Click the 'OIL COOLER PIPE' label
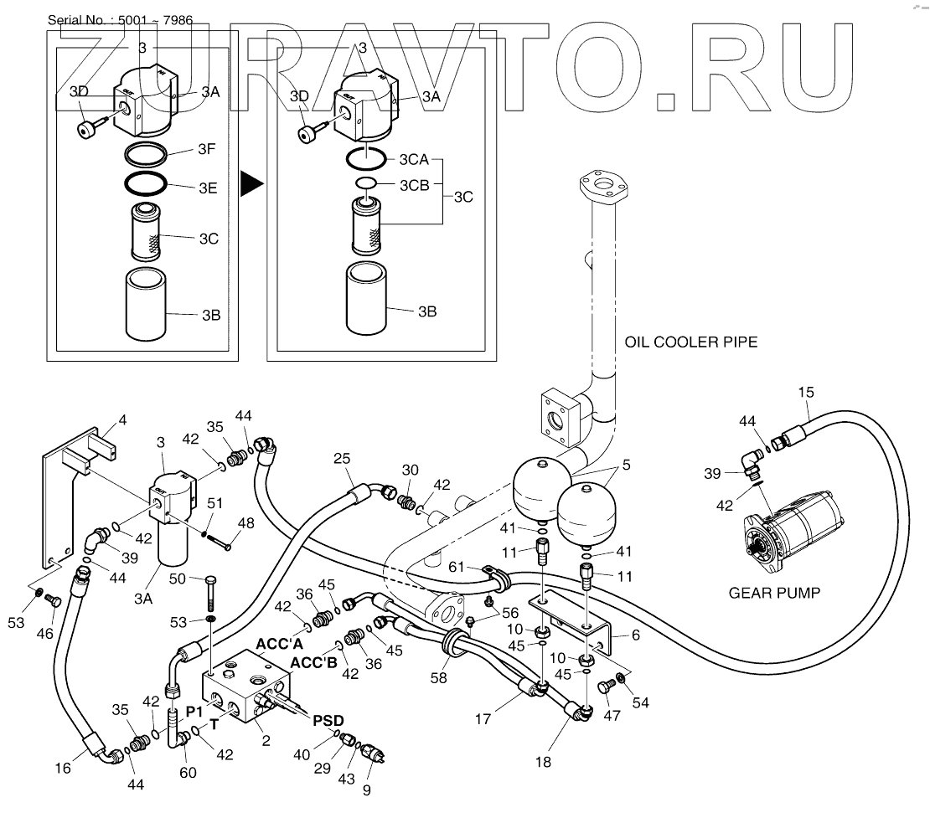coord(691,342)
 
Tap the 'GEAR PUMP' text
coord(773,593)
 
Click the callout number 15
coord(805,392)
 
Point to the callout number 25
coord(340,458)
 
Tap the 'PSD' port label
coord(328,720)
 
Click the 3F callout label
coord(208,151)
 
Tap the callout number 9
coord(367,790)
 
